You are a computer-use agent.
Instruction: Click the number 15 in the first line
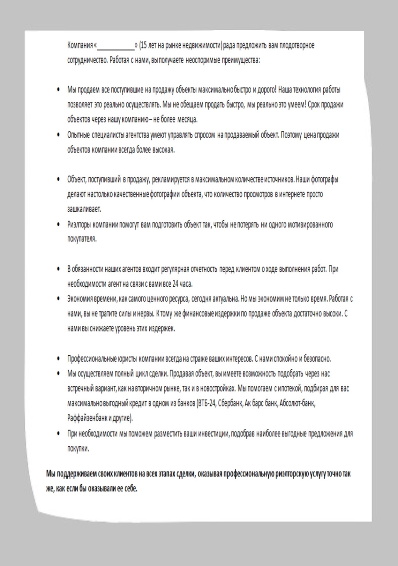tap(144, 45)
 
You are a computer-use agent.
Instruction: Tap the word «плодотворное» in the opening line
tap(297, 45)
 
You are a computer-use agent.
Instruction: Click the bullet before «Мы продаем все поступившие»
tap(58, 90)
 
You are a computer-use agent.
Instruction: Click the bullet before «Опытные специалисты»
tap(58, 135)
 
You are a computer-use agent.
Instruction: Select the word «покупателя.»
tap(82, 239)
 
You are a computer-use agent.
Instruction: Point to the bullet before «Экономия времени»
tap(58, 299)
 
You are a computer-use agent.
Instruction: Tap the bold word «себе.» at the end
tap(131, 488)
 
